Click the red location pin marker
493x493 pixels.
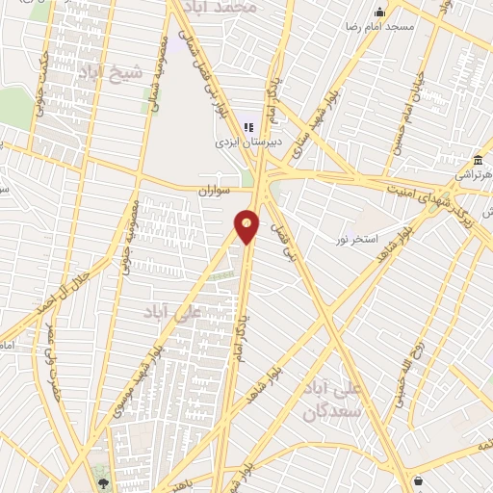point(247,226)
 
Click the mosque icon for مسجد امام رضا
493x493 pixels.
point(380,13)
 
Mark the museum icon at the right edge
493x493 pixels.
point(479,159)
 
